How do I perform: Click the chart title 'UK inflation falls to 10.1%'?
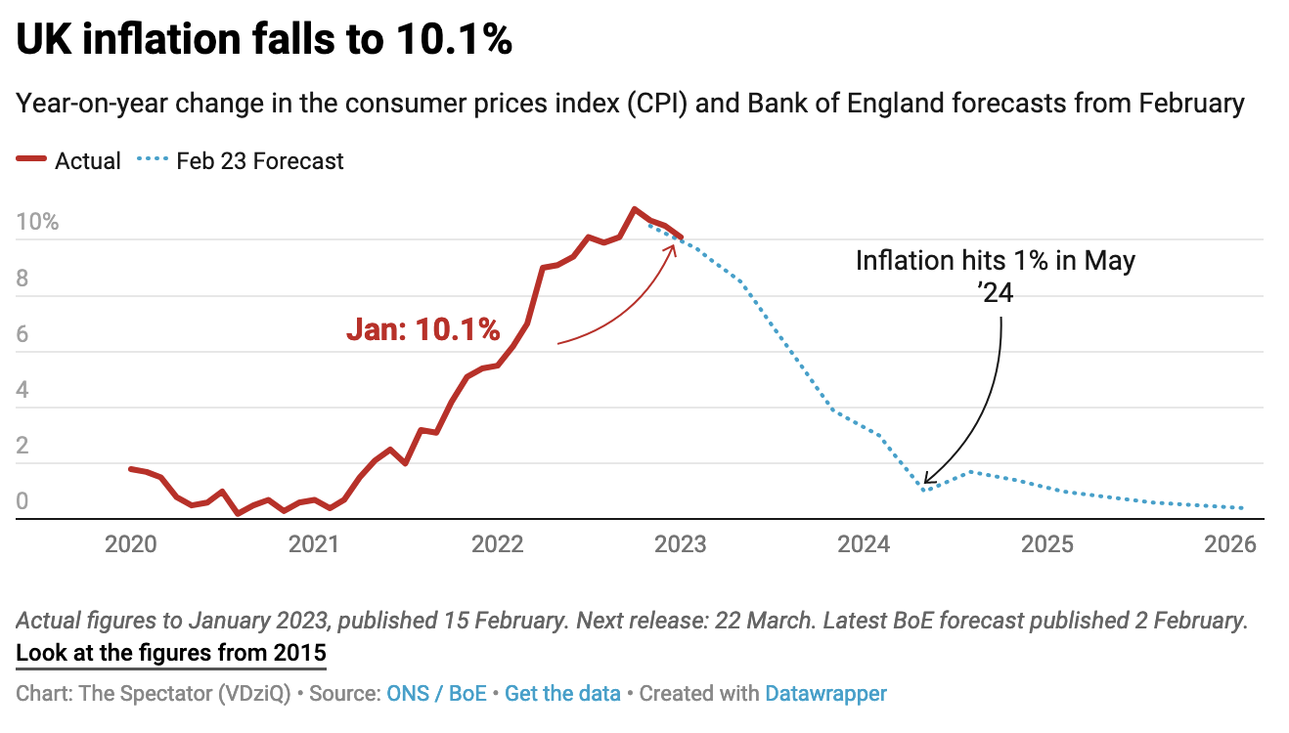[x=264, y=41]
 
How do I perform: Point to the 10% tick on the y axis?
[x=37, y=222]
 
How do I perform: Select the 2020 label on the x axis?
[x=131, y=544]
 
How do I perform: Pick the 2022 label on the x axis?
[x=498, y=544]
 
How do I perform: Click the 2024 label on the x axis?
[x=865, y=544]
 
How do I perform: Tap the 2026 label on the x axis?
[x=1230, y=544]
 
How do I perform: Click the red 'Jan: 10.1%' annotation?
[x=422, y=330]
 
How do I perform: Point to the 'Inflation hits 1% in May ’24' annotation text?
[x=996, y=275]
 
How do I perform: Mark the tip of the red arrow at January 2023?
[x=676, y=243]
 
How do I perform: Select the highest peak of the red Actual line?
[x=635, y=209]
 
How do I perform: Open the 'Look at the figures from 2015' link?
[x=171, y=653]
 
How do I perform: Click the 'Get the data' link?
[x=562, y=694]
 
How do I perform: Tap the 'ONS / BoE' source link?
[x=436, y=694]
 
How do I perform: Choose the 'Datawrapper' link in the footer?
[x=825, y=694]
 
